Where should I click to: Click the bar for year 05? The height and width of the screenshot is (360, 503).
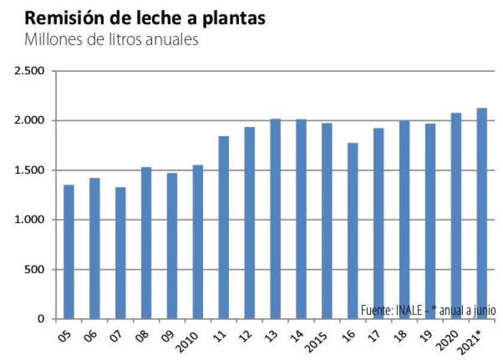point(69,252)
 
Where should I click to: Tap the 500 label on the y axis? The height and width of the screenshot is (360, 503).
point(37,270)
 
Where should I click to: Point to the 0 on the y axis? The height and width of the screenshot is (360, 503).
point(42,319)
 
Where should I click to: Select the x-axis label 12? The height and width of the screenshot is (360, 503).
point(247,334)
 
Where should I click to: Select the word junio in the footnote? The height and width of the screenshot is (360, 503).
point(483,310)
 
